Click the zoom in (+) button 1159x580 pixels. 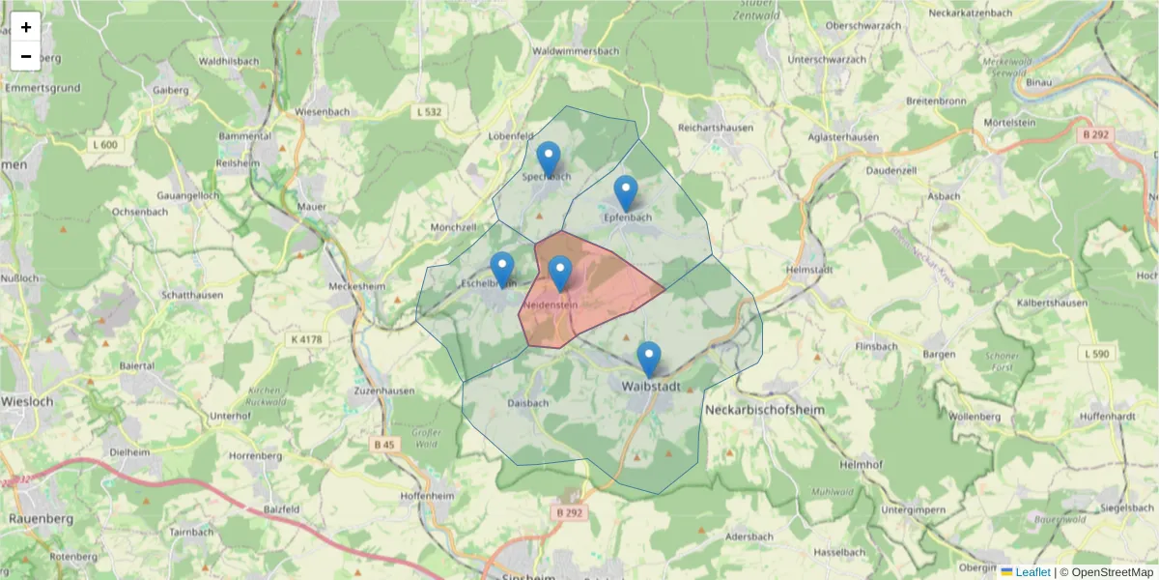[26, 27]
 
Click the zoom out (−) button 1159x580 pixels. [26, 56]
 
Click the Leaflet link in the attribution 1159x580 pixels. [1032, 572]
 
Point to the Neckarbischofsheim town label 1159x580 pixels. [766, 410]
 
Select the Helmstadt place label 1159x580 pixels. [809, 269]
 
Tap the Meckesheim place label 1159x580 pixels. [358, 286]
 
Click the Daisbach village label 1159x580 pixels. [527, 403]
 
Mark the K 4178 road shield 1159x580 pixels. [306, 339]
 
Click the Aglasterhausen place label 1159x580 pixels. [846, 137]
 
